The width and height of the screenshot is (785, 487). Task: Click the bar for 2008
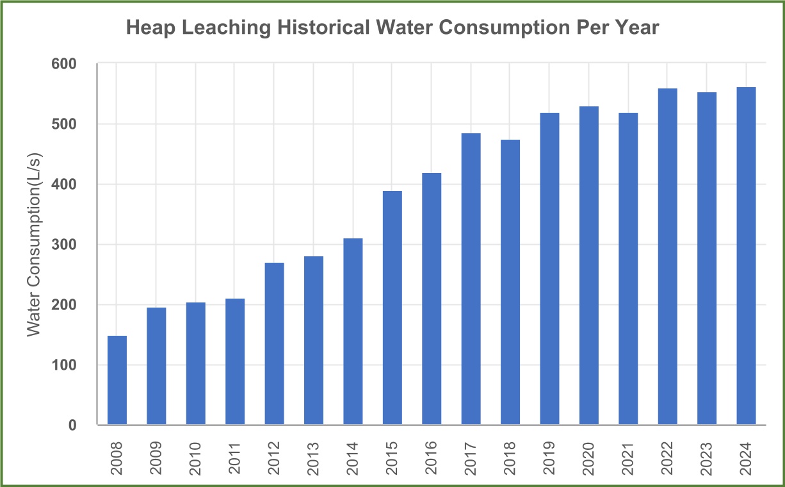pyautogui.click(x=117, y=380)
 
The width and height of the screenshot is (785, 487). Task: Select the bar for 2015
pyautogui.click(x=392, y=308)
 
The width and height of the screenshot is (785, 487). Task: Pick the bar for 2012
pyautogui.click(x=274, y=343)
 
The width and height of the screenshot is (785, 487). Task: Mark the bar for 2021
pyautogui.click(x=628, y=268)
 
